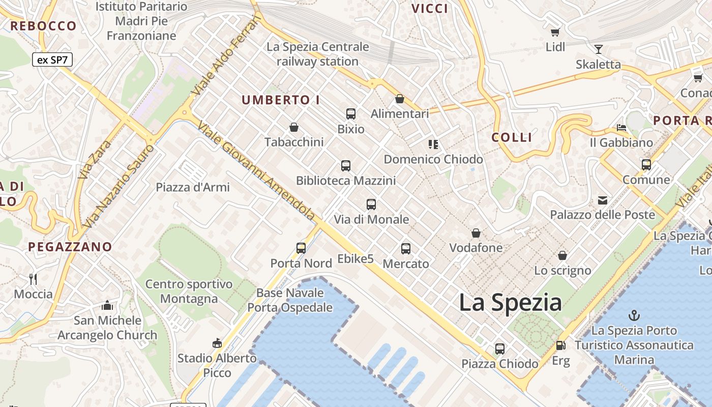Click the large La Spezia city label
coord(510,303)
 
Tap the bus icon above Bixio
coord(351,114)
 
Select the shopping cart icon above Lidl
coord(555,32)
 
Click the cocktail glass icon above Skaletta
coord(599,49)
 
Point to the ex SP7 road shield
coord(53,60)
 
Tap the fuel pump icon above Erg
coord(560,345)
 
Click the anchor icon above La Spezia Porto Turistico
coord(634,315)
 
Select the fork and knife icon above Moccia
coord(34,279)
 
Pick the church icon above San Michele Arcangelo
coord(107,305)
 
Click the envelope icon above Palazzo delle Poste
coord(603,200)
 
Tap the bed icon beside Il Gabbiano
coord(621,127)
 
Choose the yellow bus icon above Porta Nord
coord(301,248)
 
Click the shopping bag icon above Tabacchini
coord(293,127)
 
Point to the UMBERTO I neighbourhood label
coord(281,100)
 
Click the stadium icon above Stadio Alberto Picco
coord(217,343)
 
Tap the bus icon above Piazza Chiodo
coord(500,349)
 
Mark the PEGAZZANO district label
coord(70,247)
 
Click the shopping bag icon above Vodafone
coord(476,233)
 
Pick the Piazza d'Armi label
coord(193,187)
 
